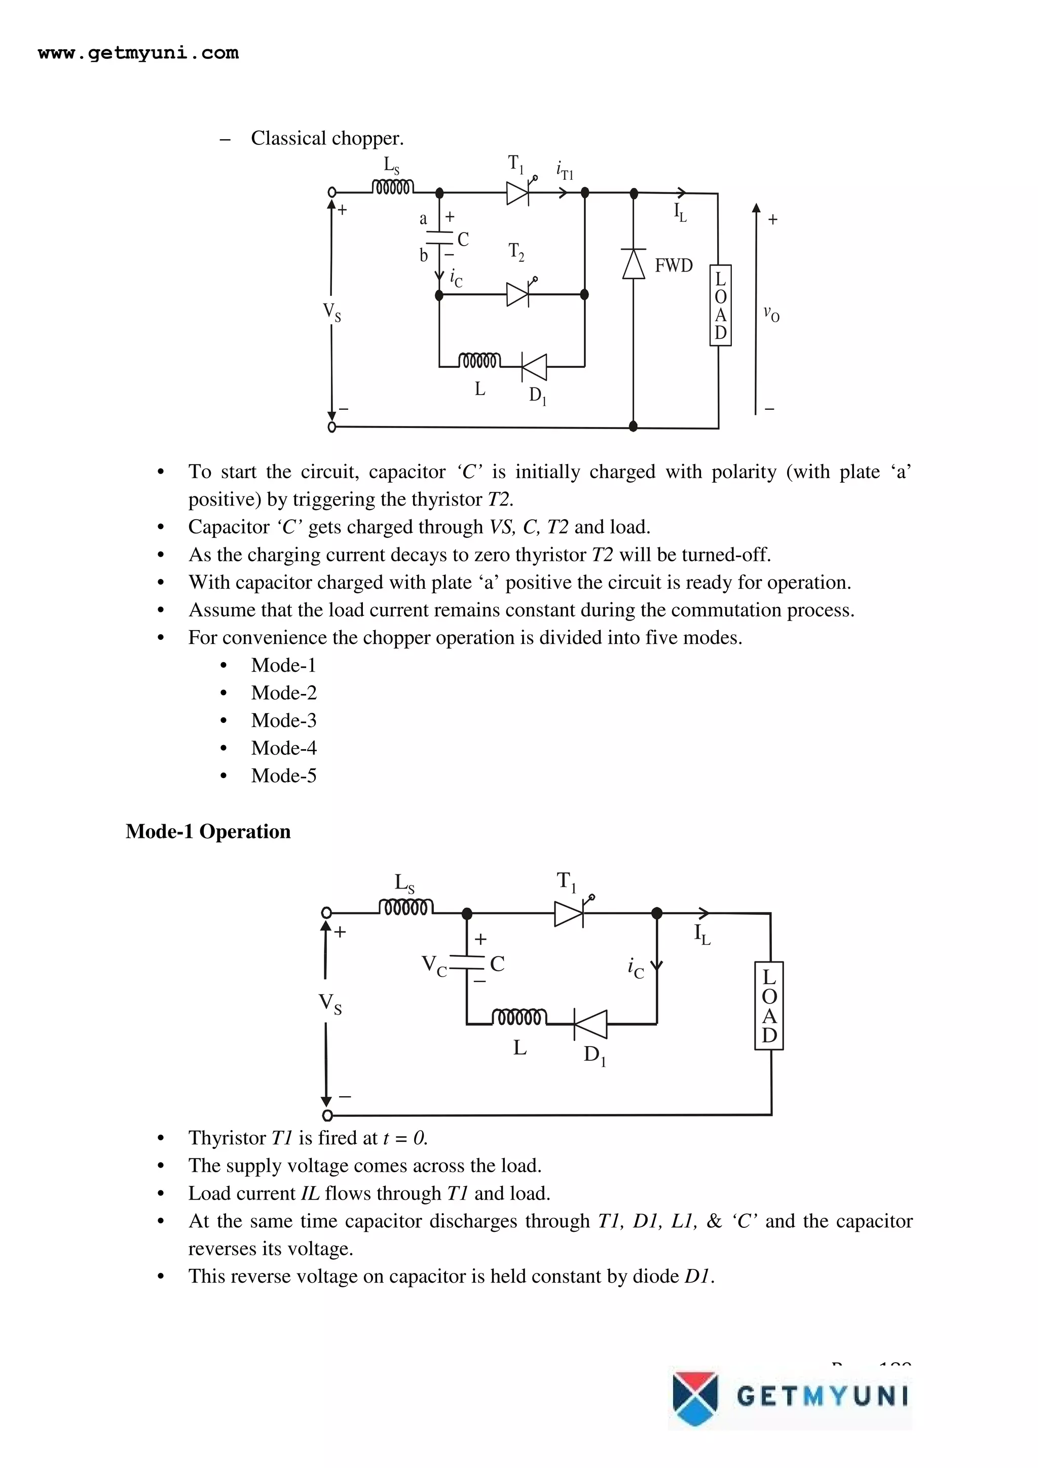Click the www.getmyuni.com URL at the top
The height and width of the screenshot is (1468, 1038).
138,53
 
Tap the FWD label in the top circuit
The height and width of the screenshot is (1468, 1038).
674,265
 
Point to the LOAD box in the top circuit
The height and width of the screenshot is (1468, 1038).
720,305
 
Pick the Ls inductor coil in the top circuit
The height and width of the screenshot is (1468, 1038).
393,187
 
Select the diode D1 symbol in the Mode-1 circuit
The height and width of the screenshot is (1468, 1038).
591,1024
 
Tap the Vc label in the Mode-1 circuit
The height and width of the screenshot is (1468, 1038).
434,965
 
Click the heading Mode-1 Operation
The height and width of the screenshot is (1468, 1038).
208,831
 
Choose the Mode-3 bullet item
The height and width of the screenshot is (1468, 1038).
283,720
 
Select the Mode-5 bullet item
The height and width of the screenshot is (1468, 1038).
283,776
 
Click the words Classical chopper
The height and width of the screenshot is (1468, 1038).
327,138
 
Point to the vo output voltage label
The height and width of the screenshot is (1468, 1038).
771,313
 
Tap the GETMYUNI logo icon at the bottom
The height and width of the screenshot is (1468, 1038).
695,1398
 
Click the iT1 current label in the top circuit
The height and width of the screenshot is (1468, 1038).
565,171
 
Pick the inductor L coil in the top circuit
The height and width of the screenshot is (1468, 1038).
479,361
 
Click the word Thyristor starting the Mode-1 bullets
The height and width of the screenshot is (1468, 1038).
227,1138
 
